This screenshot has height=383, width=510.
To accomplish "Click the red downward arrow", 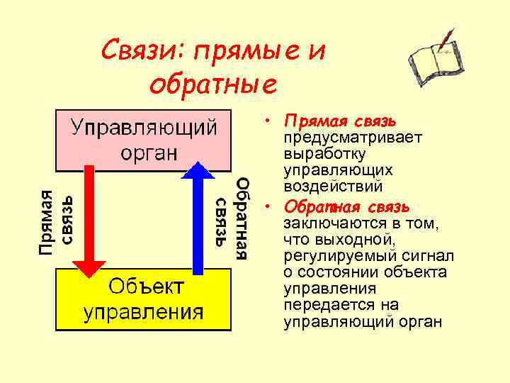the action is (x=89, y=220).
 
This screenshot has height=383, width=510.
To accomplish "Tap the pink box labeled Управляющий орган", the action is (x=144, y=140).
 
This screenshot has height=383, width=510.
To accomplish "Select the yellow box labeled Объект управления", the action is (x=144, y=299).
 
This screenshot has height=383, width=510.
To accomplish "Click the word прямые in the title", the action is (x=242, y=50).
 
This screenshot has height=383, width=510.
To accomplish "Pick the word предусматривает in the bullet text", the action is (x=344, y=137).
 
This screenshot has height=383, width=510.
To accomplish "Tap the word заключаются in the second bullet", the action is (x=327, y=223).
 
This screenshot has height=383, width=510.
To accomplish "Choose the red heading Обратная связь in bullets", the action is (x=346, y=206).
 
